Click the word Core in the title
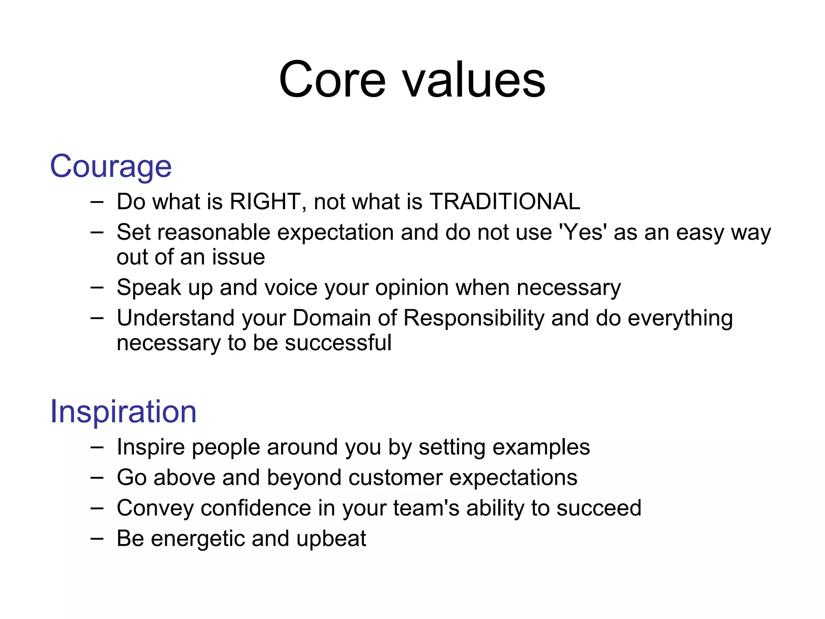tap(332, 79)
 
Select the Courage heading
tap(111, 166)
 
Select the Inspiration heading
tap(123, 411)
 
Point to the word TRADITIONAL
tap(505, 201)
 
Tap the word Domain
tap(332, 318)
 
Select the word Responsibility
tap(474, 318)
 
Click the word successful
tap(338, 343)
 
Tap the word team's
tap(426, 508)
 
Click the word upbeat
tap(331, 539)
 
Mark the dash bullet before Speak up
tap(97, 287)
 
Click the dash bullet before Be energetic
tap(97, 538)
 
